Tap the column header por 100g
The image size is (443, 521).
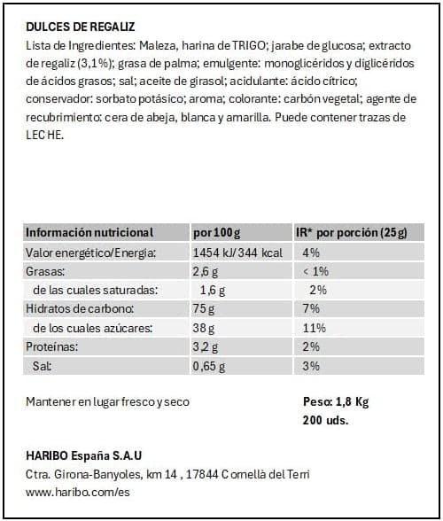pyautogui.click(x=216, y=233)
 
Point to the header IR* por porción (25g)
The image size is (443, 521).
pyautogui.click(x=350, y=233)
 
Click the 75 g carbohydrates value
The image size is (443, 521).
pyautogui.click(x=203, y=309)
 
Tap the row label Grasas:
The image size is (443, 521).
pyautogui.click(x=46, y=272)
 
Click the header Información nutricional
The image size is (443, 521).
pyautogui.click(x=89, y=233)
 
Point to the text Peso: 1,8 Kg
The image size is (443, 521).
pyautogui.click(x=336, y=401)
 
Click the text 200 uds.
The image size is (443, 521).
pyautogui.click(x=325, y=420)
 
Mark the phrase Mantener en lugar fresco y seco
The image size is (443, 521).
pyautogui.click(x=108, y=402)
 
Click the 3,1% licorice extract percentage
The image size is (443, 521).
pyautogui.click(x=89, y=65)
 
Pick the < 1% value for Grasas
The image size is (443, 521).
pyautogui.click(x=316, y=272)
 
